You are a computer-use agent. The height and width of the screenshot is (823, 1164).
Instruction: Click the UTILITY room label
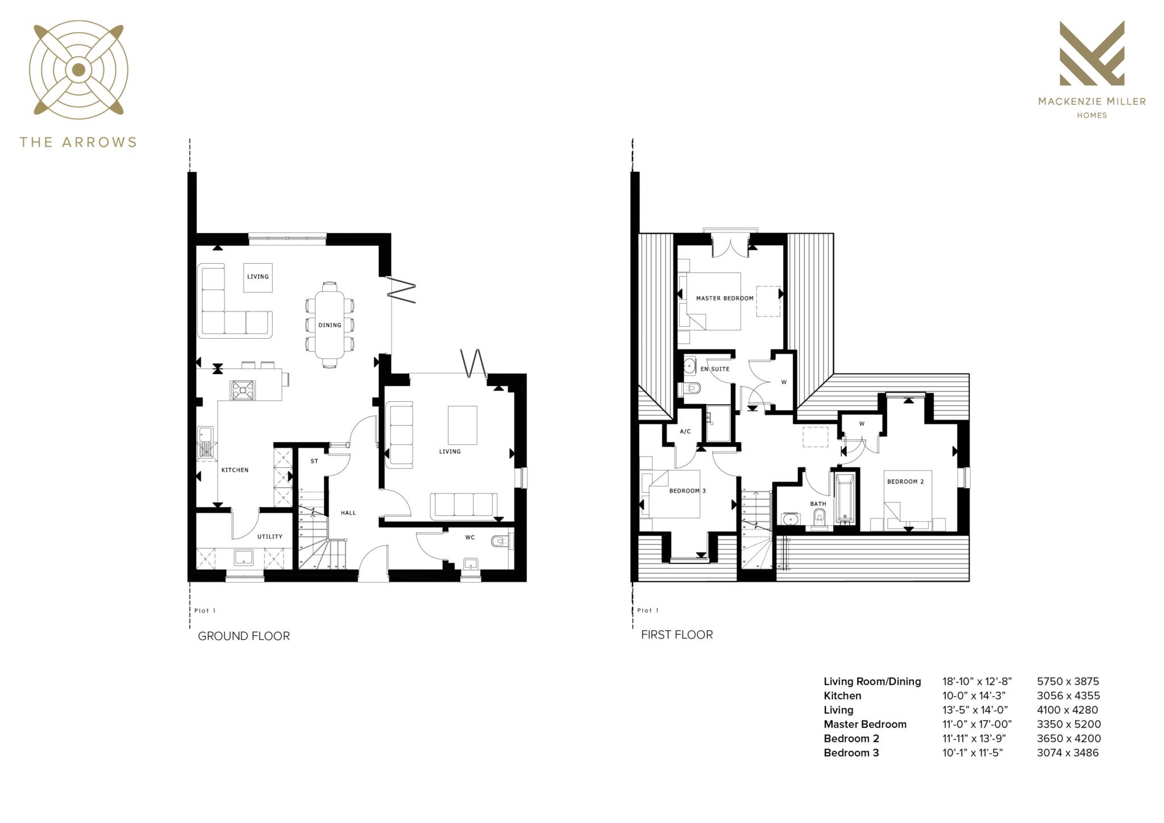(x=269, y=537)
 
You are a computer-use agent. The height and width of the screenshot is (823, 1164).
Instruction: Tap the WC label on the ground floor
(x=470, y=537)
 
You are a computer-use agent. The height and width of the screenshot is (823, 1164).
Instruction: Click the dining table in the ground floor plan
(x=330, y=325)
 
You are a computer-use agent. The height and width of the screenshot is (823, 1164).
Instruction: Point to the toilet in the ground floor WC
(x=499, y=541)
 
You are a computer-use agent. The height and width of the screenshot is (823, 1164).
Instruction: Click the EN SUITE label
(x=714, y=369)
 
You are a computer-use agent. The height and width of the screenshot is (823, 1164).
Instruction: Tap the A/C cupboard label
(x=685, y=431)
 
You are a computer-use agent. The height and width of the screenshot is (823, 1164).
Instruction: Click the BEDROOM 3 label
(x=687, y=491)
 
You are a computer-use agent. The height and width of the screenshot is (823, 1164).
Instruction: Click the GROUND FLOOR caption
(x=243, y=636)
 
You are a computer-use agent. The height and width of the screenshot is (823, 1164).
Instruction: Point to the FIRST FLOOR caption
(x=676, y=635)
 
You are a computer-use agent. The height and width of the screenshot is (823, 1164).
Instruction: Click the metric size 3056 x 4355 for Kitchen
(x=1068, y=696)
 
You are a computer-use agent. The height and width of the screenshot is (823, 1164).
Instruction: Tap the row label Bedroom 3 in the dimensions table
(x=851, y=753)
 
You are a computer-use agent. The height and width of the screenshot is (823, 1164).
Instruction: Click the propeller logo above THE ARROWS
(x=78, y=70)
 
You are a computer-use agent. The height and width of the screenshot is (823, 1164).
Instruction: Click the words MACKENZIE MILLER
(x=1091, y=102)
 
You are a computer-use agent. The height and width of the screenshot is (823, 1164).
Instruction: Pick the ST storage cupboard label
(x=314, y=461)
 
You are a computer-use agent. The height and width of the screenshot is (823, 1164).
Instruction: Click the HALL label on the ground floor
(x=348, y=513)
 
